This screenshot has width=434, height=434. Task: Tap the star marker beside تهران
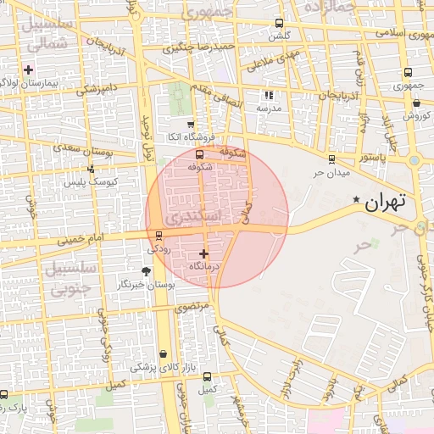click(356, 199)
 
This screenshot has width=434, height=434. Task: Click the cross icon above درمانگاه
click(203, 253)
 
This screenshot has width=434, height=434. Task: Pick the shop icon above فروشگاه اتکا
click(190, 124)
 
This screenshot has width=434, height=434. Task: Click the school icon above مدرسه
click(270, 96)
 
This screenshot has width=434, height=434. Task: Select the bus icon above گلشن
click(280, 24)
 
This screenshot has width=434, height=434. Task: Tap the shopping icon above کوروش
click(415, 102)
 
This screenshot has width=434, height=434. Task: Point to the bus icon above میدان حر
click(331, 159)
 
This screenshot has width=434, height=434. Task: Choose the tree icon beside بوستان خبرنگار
click(146, 271)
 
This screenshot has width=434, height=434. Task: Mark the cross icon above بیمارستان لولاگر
click(30, 70)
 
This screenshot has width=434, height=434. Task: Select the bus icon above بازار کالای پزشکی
click(162, 354)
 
